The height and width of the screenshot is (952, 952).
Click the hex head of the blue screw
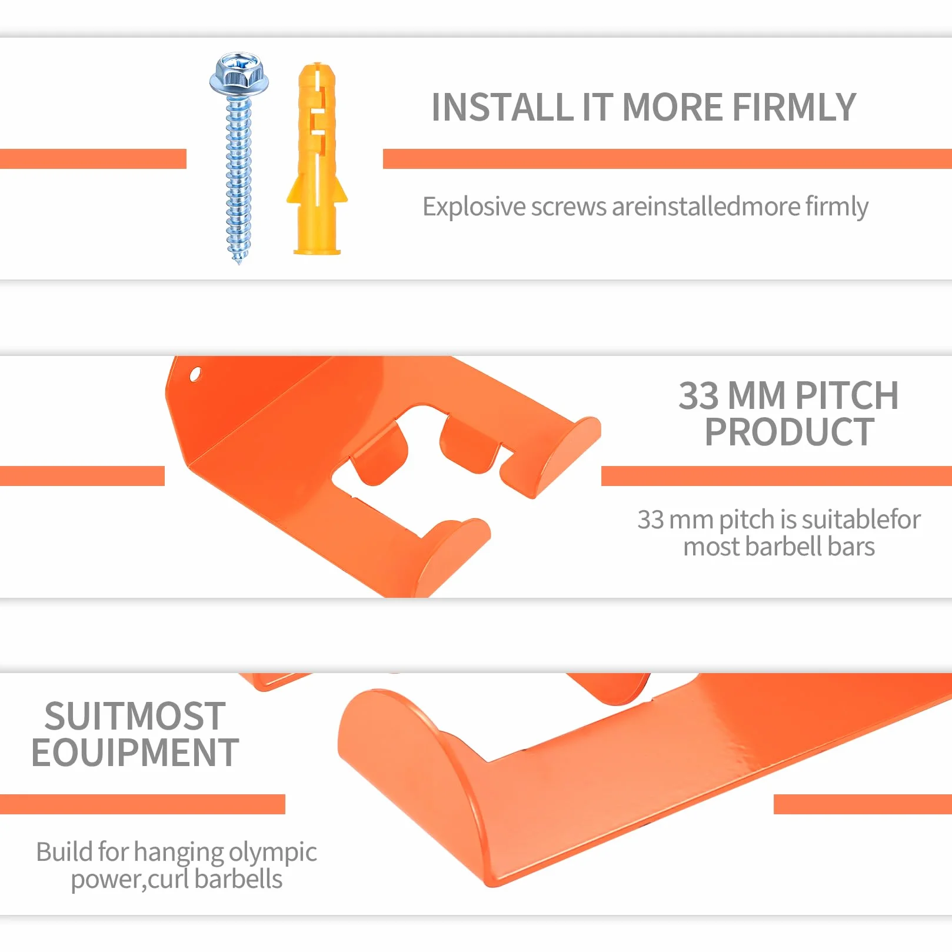[239, 75]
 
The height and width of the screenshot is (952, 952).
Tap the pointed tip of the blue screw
[239, 263]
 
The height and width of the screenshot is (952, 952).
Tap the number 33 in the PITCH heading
[699, 395]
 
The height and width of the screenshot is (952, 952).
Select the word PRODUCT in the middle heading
[790, 432]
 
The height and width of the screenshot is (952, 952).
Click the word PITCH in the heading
[847, 395]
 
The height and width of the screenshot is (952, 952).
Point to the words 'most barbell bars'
[779, 547]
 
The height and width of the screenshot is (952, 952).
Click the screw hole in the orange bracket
[195, 374]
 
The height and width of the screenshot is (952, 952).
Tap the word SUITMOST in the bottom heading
[135, 716]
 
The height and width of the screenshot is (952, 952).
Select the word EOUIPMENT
[135, 753]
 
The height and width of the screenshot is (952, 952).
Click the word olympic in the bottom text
[273, 853]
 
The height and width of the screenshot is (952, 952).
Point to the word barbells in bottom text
[238, 880]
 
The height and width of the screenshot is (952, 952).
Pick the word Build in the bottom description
[64, 851]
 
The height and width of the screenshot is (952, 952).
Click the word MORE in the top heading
[672, 108]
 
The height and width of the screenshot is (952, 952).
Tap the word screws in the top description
[568, 207]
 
